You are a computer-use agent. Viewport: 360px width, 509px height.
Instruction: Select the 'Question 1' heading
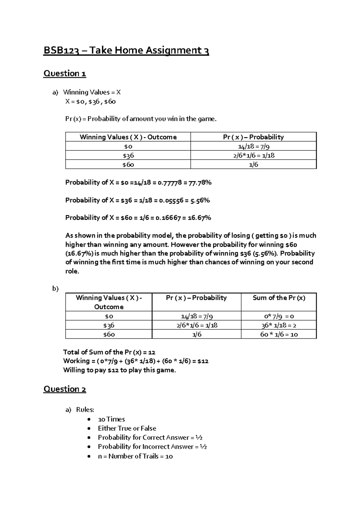click(x=65, y=73)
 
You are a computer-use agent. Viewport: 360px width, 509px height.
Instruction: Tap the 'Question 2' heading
click(x=65, y=389)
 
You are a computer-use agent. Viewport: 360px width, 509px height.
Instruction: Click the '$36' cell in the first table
click(x=128, y=155)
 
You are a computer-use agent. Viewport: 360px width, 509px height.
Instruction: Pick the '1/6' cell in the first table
click(x=253, y=165)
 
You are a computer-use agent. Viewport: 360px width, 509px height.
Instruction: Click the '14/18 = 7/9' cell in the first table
click(x=253, y=146)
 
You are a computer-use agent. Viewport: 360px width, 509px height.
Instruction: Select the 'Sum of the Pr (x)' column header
click(x=279, y=298)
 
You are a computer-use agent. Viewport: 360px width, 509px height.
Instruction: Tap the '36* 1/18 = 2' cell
click(x=279, y=325)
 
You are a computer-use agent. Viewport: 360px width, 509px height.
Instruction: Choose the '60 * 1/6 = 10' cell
click(x=279, y=334)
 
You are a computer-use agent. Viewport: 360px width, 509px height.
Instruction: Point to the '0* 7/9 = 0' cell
click(x=279, y=316)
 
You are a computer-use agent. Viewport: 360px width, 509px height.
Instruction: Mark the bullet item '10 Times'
click(x=111, y=419)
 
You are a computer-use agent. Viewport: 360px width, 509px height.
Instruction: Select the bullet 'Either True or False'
click(x=127, y=428)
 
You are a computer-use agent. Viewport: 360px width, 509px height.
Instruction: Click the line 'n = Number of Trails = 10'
click(x=135, y=456)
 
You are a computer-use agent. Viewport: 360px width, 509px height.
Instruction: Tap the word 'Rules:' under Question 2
click(x=85, y=410)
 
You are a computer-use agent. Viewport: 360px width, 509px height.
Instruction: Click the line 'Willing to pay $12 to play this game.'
click(x=119, y=370)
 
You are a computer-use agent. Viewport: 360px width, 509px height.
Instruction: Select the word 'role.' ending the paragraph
click(x=72, y=271)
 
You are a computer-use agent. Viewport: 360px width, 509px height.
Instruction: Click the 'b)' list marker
click(x=55, y=289)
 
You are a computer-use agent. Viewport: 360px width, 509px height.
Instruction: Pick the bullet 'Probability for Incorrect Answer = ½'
click(x=152, y=447)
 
